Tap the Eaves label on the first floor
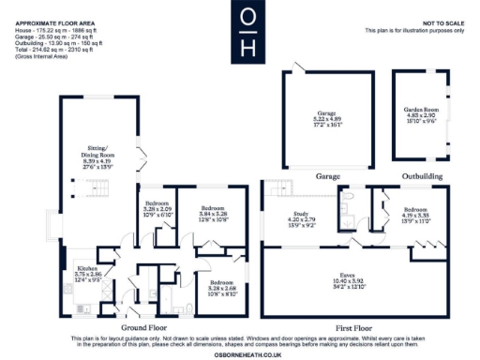coord(356,274)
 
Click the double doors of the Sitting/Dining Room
coord(141,159)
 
